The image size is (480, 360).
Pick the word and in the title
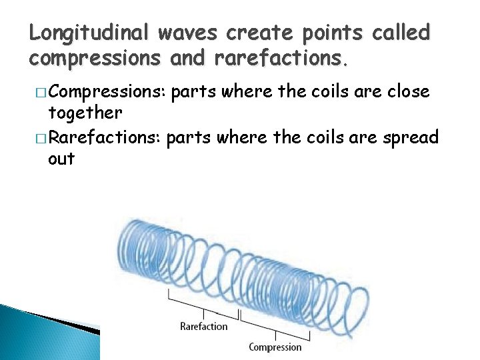click(189, 59)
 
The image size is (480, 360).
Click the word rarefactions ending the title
click(280, 59)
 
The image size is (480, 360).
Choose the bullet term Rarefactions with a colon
click(105, 138)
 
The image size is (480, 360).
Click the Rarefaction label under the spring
click(204, 326)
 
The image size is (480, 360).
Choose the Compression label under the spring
click(275, 347)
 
